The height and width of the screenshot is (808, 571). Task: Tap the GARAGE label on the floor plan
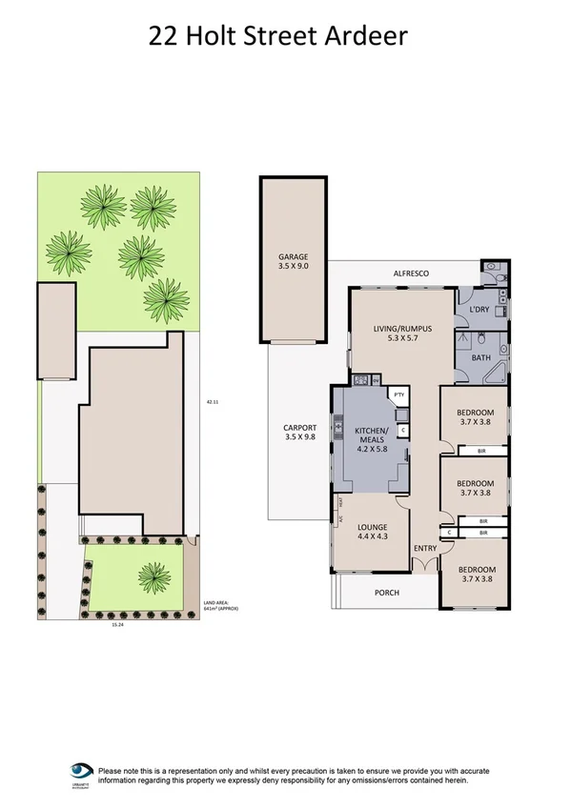[292, 257]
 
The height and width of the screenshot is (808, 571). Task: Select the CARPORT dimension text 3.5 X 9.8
[299, 437]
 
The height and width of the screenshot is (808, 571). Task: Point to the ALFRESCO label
[412, 273]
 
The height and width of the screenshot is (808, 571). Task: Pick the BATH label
[482, 357]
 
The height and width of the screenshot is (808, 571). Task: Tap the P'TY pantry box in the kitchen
[399, 394]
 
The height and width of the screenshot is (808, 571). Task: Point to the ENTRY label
[424, 548]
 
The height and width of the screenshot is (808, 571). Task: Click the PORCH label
[387, 593]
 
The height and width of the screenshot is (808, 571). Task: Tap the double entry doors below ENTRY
[424, 566]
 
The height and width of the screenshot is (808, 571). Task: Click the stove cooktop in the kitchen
[362, 382]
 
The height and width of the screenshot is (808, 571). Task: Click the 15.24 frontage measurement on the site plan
[116, 626]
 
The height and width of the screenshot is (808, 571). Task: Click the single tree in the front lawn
[153, 574]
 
